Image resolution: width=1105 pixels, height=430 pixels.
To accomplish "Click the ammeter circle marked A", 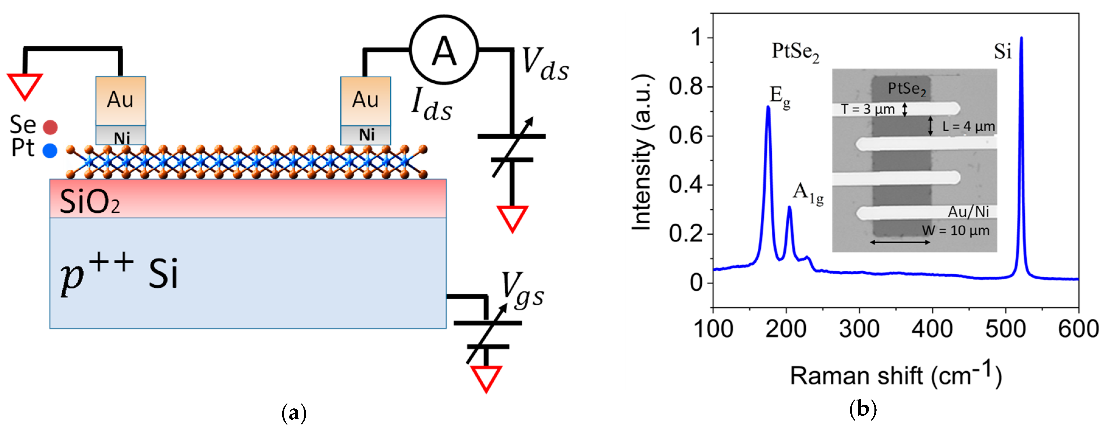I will click(x=444, y=50).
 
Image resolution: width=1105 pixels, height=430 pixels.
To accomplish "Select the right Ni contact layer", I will click(x=366, y=135).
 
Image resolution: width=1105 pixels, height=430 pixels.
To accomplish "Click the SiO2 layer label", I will click(x=89, y=202).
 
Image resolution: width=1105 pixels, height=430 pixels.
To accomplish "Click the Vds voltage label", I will click(x=545, y=65).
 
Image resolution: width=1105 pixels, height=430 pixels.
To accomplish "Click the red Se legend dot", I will click(x=50, y=127).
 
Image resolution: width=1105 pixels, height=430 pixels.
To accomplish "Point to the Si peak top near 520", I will click(x=1021, y=39).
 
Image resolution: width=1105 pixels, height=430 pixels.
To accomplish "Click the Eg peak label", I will click(x=780, y=97).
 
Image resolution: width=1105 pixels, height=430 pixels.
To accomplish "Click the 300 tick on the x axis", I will click(x=859, y=329).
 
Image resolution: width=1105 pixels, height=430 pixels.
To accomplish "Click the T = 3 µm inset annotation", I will click(x=868, y=109).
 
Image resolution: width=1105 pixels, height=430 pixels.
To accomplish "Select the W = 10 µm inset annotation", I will click(x=955, y=231).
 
